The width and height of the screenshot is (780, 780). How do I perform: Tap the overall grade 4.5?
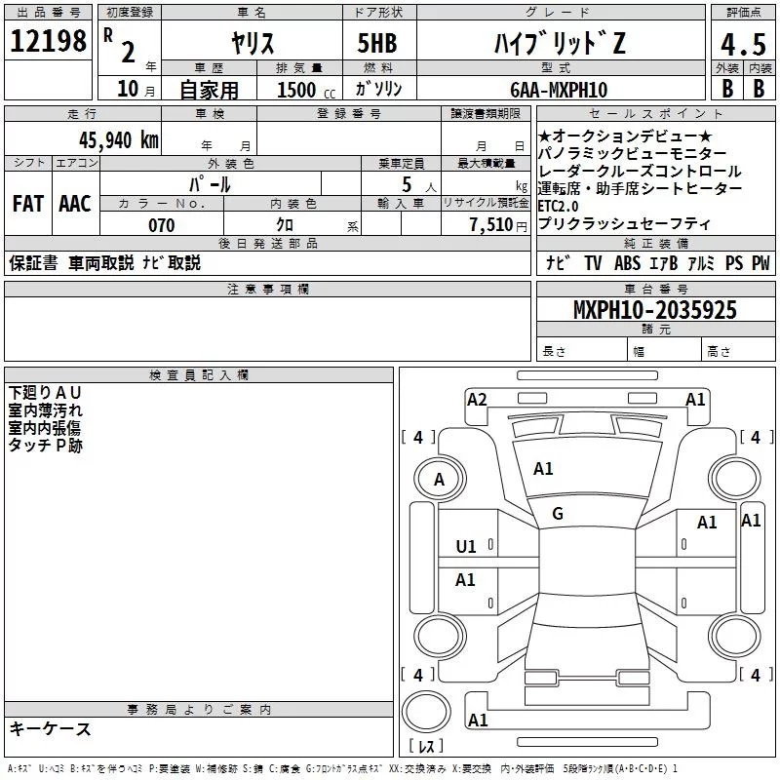coord(740,46)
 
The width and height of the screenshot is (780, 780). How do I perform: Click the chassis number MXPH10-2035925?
coord(654,311)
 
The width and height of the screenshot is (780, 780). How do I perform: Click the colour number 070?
coord(161,225)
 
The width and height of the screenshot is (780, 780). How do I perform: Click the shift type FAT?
coord(27,204)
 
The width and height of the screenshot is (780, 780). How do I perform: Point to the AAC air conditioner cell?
coord(75,204)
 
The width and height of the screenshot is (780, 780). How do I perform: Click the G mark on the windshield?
coord(558,513)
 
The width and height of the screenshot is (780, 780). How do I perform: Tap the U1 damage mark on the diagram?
coord(466,546)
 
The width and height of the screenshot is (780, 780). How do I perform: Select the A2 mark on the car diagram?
coord(477,399)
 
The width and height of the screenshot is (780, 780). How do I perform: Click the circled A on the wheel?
coord(439,480)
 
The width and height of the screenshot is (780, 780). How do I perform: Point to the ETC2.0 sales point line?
coord(558,206)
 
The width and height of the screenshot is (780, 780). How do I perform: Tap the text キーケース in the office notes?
coord(51,728)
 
